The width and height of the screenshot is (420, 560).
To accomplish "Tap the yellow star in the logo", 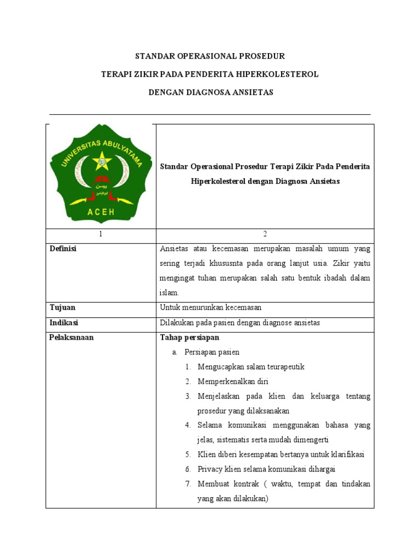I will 101,161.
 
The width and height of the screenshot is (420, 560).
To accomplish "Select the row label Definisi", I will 63,249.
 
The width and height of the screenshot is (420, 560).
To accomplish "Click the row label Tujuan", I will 62,308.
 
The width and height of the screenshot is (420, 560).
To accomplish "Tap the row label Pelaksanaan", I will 72,337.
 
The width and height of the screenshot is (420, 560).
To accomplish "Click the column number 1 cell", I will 101,234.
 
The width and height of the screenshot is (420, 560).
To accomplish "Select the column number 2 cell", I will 265,234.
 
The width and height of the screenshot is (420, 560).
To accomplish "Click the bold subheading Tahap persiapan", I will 189,337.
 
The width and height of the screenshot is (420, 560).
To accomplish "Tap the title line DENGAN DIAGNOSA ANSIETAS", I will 211,92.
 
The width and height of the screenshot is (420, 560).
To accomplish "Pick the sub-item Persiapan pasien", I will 212,352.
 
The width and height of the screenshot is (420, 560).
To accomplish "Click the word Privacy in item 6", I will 210,469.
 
